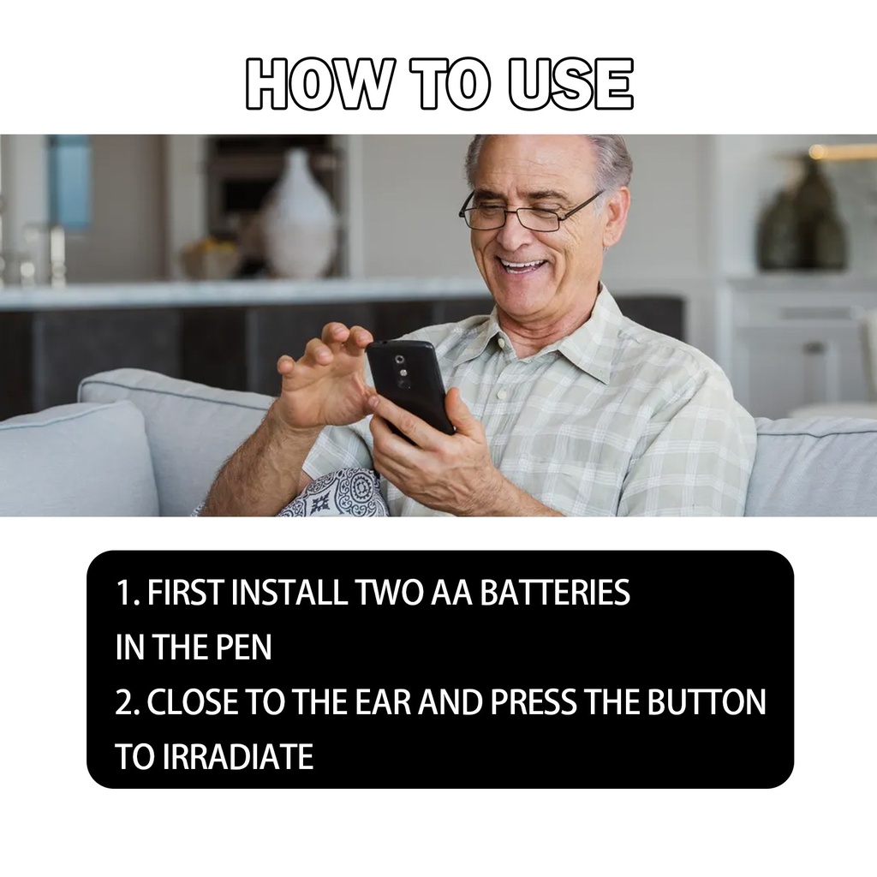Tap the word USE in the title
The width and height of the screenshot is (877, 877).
pyautogui.click(x=570, y=83)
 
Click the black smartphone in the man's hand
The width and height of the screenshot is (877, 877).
pyautogui.click(x=410, y=386)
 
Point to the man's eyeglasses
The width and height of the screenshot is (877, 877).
pyautogui.click(x=528, y=212)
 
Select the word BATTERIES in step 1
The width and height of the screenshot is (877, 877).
pyautogui.click(x=555, y=593)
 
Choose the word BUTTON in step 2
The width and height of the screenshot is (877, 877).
pyautogui.click(x=707, y=702)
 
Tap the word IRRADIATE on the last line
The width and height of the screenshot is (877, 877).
pyautogui.click(x=238, y=756)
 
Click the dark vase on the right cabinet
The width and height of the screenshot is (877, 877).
pyautogui.click(x=801, y=218)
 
